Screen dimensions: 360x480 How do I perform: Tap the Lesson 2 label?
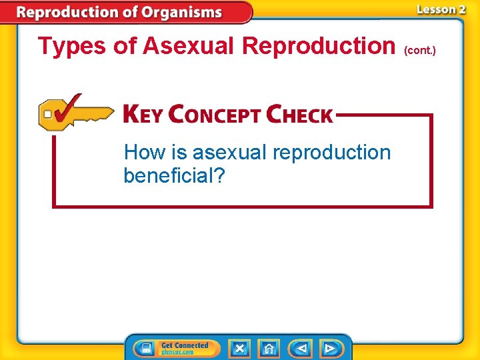click(x=440, y=9)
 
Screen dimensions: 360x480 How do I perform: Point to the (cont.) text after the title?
click(x=419, y=51)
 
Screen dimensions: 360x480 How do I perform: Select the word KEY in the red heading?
click(x=143, y=114)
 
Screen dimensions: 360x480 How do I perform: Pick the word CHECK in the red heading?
click(x=299, y=114)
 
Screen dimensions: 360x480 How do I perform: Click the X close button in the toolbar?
click(x=239, y=349)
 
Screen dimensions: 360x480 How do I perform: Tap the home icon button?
click(x=269, y=349)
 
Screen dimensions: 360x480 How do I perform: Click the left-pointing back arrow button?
click(x=301, y=349)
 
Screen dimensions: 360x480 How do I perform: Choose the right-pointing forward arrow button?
click(x=329, y=349)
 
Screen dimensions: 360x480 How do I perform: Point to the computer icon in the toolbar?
click(x=144, y=349)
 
